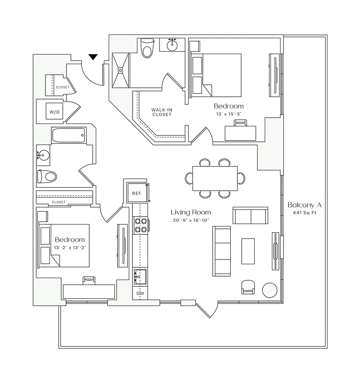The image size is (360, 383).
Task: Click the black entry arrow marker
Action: pos(93,57)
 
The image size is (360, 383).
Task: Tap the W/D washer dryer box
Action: pos(55,112)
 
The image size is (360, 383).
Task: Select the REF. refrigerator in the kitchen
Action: pos(136,192)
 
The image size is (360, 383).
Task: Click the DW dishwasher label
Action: pos(140,293)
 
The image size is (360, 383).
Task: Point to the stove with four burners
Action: pos(140,225)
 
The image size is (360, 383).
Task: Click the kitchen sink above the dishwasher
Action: pos(140,276)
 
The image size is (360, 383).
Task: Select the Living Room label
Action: pos(191,212)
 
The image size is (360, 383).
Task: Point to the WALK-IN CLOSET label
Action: pos(162,112)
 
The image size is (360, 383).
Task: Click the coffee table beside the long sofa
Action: pos(248,251)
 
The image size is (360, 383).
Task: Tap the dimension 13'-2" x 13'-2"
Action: pos(70,248)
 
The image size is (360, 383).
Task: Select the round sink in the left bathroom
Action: pos(44,155)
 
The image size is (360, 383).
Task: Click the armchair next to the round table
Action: pos(248,287)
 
